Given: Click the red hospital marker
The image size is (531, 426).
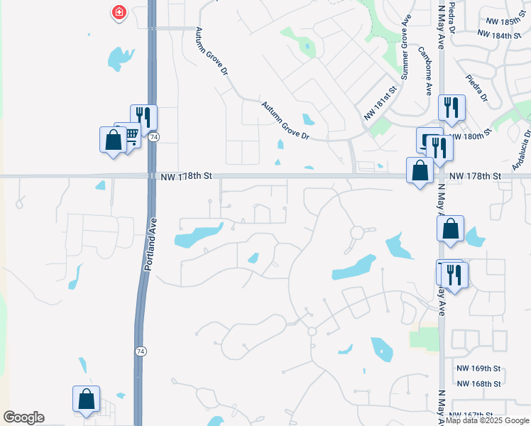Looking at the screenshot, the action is click(119, 12).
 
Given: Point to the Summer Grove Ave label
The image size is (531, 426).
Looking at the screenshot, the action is click(405, 48).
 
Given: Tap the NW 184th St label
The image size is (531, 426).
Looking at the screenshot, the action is click(499, 35).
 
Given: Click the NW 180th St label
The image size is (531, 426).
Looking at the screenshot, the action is click(471, 136).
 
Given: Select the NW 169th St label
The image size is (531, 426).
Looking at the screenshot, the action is click(478, 368).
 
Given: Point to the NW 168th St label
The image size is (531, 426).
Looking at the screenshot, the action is click(478, 383).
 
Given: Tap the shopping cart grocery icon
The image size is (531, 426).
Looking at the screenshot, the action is click(130, 133).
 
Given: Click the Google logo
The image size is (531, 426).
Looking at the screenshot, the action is click(23, 417).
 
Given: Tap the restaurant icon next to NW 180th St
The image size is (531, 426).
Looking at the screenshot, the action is click(451, 106).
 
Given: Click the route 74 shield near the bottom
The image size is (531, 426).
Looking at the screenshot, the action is click(141, 351).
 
